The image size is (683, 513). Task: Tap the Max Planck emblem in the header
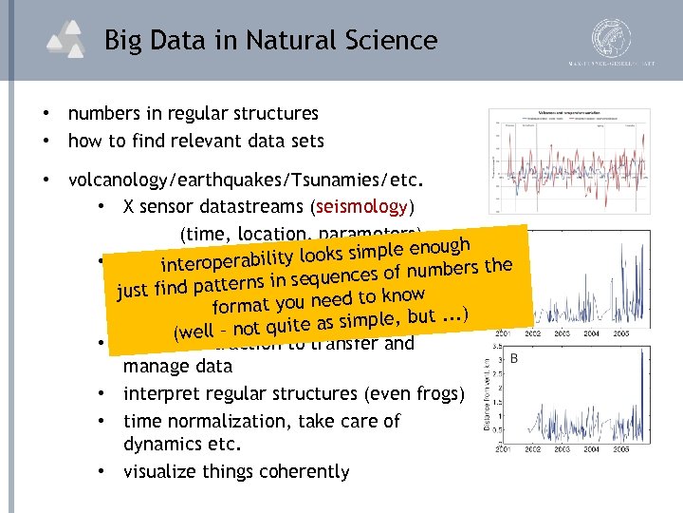click(x=613, y=41)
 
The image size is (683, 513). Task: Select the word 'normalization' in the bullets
click(x=217, y=420)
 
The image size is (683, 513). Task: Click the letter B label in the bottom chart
click(x=514, y=359)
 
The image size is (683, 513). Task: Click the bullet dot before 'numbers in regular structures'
click(x=46, y=113)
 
